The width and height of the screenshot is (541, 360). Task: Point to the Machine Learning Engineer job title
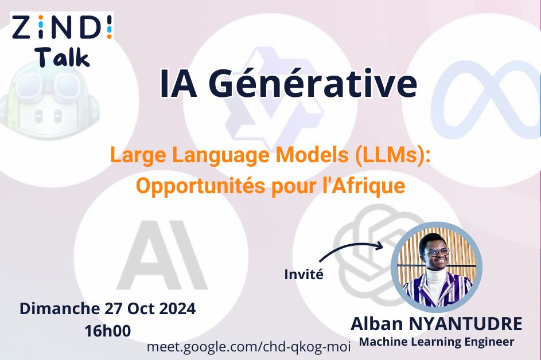pos(437,342)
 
